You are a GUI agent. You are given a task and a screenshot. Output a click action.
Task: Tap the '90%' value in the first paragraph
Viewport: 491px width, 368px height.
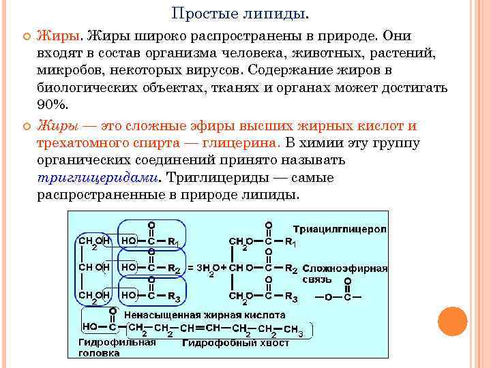coord(53,104)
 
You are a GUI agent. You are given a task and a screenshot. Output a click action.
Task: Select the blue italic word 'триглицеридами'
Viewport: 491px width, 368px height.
coord(98,177)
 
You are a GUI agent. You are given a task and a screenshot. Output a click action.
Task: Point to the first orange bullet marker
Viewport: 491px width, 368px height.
coord(25,36)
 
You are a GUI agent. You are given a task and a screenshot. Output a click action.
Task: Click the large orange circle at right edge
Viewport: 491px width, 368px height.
coord(452,321)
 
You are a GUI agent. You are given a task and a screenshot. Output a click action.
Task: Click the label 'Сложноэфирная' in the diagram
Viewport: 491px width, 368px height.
coord(345,269)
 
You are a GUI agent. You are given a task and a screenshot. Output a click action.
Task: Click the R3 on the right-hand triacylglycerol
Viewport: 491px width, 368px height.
coord(291,297)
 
